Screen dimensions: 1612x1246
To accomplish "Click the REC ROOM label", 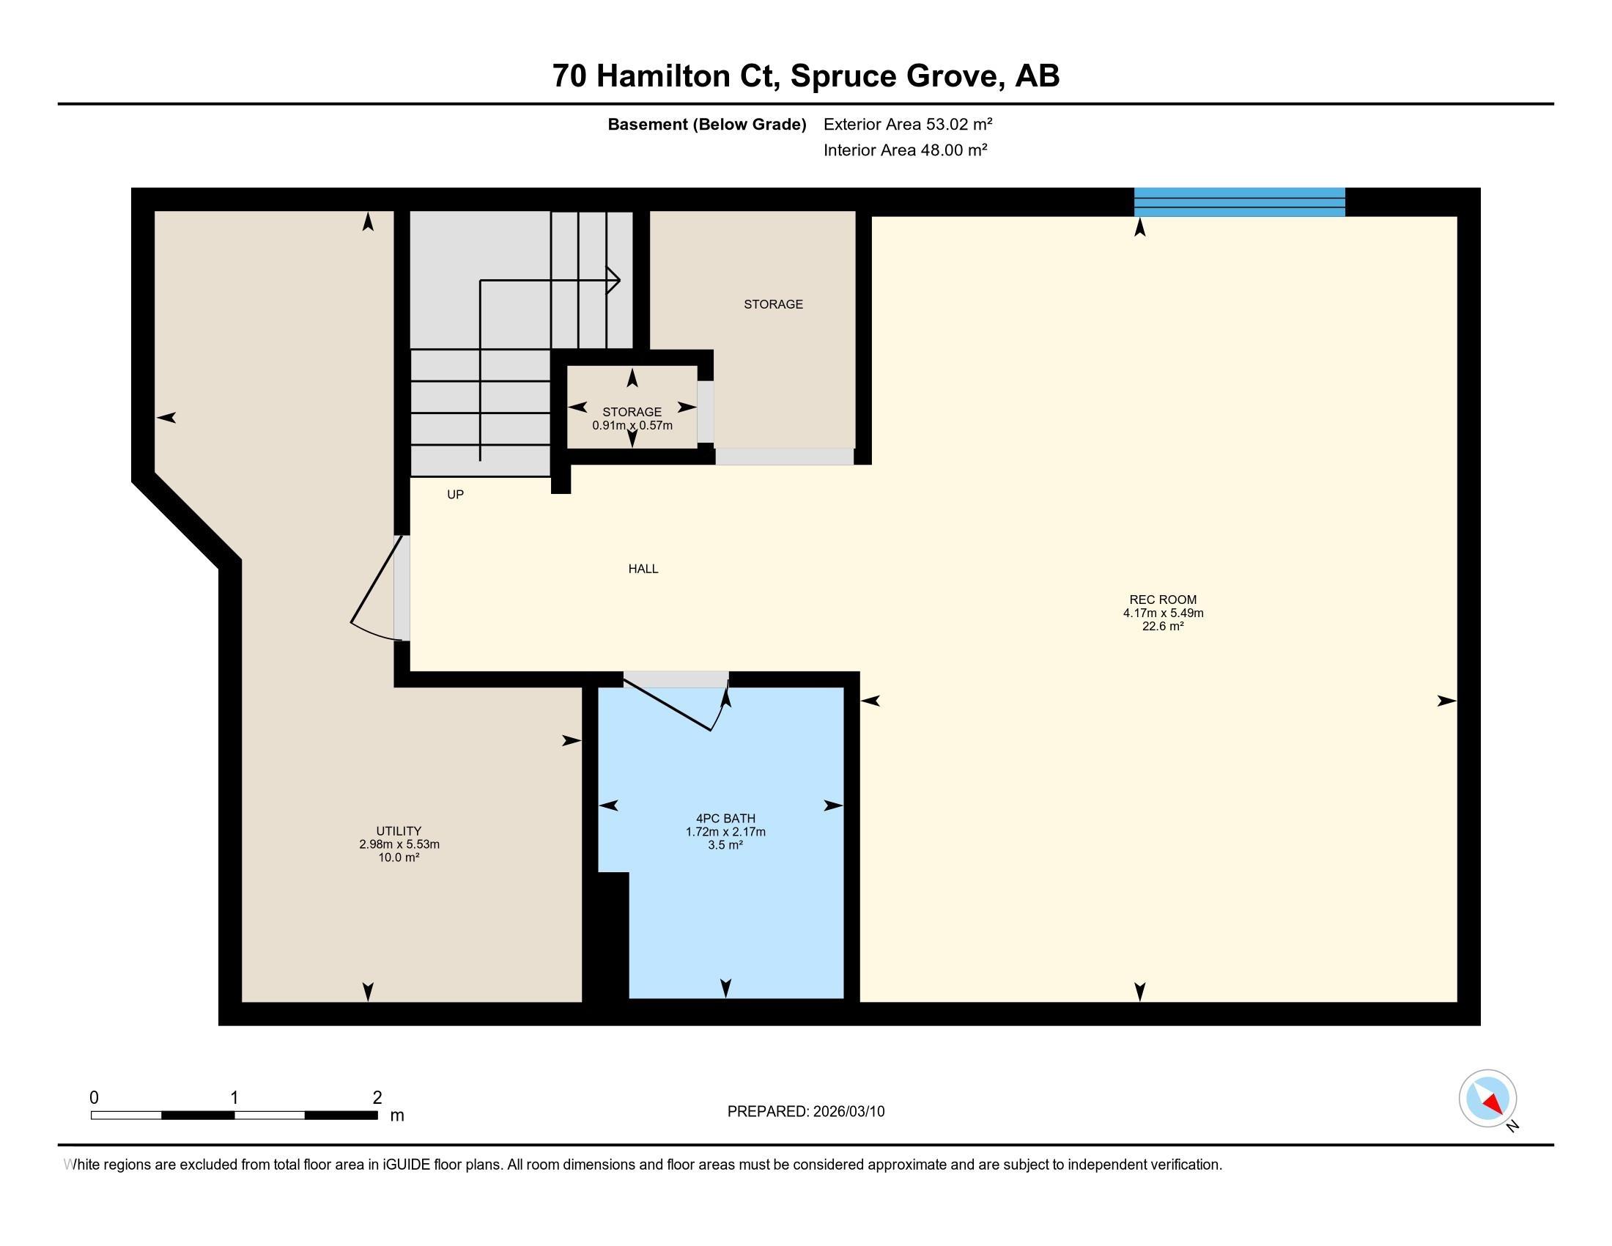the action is click(1163, 600).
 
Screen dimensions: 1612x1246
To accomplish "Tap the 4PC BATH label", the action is click(725, 818).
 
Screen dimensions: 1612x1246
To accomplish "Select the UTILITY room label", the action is click(399, 830).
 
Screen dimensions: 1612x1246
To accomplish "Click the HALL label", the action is click(643, 568).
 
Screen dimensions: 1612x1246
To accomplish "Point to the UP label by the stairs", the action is click(456, 494).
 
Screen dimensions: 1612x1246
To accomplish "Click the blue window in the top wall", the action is click(1239, 202).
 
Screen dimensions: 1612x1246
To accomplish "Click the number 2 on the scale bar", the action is click(377, 1097).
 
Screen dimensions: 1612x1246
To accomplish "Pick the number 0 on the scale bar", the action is click(94, 1097).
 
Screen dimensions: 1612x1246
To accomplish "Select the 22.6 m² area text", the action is click(1164, 626).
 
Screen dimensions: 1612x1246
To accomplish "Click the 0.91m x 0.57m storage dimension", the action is click(632, 425).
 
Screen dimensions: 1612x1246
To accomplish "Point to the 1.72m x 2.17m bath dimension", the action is click(725, 831).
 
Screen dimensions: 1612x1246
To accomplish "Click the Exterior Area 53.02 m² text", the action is click(908, 124).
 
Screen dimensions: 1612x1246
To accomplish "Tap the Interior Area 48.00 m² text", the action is click(906, 150).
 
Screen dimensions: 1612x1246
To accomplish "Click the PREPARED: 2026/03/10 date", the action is click(806, 1111).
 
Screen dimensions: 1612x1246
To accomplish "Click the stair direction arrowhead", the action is click(613, 281).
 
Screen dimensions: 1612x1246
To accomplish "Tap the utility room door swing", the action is click(377, 591).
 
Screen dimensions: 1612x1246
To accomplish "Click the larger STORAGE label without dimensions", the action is click(773, 303).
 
